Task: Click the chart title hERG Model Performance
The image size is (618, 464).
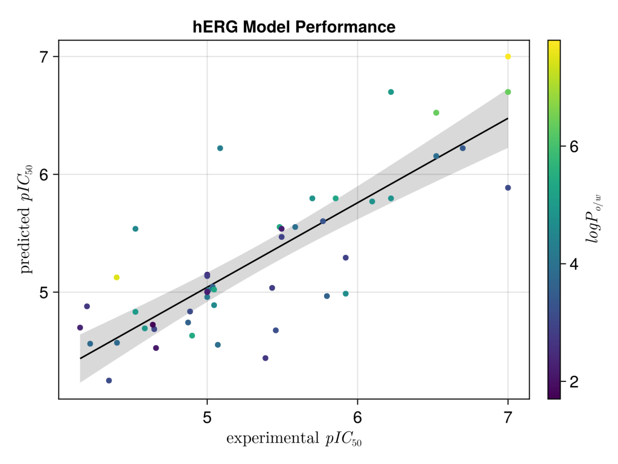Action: [294, 27]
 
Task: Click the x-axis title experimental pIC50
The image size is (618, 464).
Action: [293, 439]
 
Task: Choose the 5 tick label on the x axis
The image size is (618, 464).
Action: [207, 417]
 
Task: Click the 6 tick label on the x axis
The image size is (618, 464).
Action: [357, 417]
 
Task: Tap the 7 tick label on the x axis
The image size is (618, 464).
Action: [508, 417]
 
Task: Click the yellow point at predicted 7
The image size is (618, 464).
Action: [508, 57]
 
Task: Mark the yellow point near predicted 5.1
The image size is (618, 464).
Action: [116, 277]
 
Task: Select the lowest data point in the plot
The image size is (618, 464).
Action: [109, 381]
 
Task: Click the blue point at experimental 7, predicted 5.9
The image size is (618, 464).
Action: [508, 188]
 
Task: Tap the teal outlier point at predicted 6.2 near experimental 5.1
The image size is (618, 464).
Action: [220, 148]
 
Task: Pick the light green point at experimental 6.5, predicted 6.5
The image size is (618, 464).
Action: [436, 113]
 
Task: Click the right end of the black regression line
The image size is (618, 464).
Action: [508, 118]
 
